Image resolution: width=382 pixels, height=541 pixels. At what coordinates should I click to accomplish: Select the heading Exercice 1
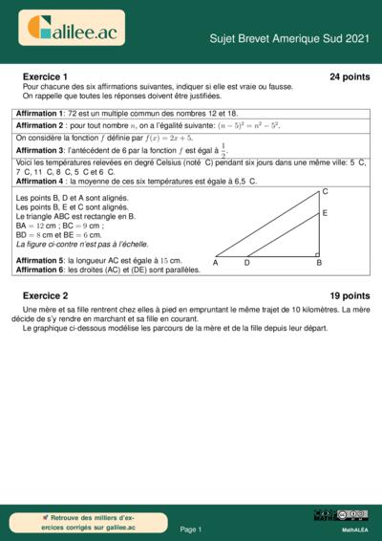click(x=45, y=76)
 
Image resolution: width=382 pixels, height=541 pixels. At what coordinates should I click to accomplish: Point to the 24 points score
click(x=350, y=76)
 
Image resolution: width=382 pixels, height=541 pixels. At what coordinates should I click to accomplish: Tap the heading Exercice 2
click(x=45, y=296)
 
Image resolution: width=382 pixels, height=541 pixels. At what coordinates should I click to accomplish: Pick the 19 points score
click(x=350, y=296)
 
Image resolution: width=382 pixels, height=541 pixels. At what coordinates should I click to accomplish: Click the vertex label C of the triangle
click(x=326, y=192)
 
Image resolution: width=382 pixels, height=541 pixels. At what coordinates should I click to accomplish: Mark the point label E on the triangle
click(x=325, y=214)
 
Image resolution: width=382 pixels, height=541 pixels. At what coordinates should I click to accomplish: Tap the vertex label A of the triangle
click(x=216, y=262)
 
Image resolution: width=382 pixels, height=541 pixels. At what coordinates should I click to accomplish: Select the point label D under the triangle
click(x=247, y=262)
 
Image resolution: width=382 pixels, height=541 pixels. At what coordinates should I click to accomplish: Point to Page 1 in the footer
click(x=191, y=529)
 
